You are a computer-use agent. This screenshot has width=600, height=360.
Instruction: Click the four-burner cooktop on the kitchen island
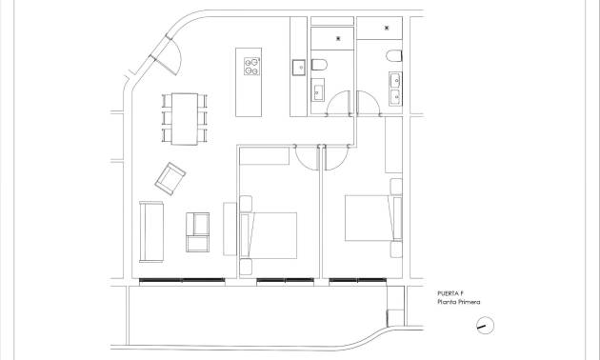coord(253,66)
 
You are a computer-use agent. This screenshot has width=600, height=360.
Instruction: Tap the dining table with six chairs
coord(183,118)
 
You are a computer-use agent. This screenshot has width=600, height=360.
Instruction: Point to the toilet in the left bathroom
coord(321,63)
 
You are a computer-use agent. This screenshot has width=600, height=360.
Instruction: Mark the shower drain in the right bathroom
coord(386,29)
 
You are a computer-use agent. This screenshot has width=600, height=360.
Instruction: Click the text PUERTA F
coord(451,293)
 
